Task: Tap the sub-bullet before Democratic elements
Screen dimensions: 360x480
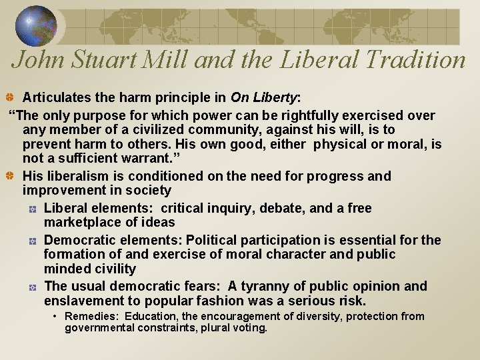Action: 32,240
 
